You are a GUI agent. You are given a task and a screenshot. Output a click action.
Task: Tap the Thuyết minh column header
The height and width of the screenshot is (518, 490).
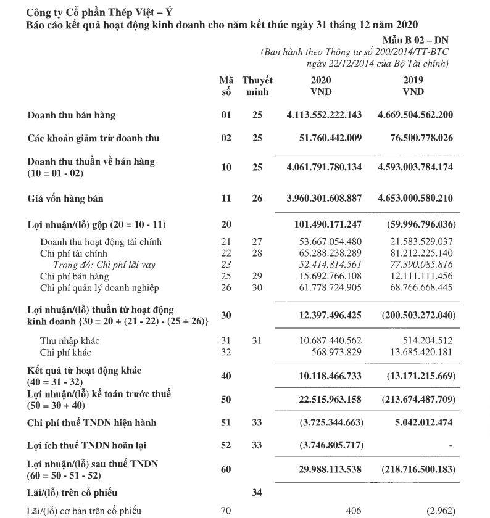(x=257, y=86)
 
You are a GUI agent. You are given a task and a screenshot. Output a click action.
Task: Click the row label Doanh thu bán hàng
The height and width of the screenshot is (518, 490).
(x=71, y=115)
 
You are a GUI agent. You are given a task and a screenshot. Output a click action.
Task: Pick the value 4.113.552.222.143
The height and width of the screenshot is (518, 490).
(x=324, y=115)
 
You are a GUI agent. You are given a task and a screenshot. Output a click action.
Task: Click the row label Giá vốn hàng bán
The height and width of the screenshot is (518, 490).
(x=65, y=199)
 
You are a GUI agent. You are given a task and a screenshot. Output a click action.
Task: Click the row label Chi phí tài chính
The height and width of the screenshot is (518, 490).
(x=73, y=253)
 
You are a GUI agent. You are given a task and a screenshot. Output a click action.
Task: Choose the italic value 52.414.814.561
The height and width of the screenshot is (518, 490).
(x=328, y=265)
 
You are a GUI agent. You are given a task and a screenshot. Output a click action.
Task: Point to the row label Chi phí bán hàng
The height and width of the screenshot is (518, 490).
(x=75, y=276)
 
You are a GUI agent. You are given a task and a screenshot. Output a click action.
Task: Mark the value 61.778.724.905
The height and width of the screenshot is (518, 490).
(x=328, y=288)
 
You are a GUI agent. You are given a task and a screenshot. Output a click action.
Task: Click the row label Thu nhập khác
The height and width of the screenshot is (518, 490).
(x=70, y=341)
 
